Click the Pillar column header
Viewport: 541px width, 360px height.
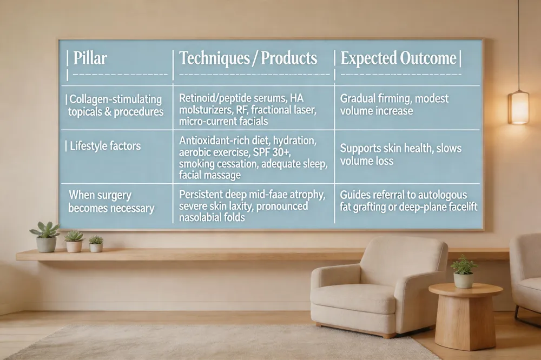(x=90, y=58)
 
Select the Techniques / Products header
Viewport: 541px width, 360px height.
(x=248, y=58)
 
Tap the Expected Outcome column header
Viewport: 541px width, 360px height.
(x=399, y=58)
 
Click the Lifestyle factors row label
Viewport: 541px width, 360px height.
(x=105, y=146)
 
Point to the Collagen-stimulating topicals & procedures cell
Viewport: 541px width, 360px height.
(x=116, y=105)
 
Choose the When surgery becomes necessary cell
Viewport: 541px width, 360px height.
(x=111, y=202)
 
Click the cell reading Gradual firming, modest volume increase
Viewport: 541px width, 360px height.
(x=394, y=104)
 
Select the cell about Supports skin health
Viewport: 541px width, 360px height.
(x=400, y=154)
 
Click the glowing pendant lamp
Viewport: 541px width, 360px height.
(x=519, y=106)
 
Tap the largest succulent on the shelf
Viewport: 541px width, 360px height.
(x=45, y=237)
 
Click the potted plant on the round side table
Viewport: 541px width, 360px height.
(x=464, y=272)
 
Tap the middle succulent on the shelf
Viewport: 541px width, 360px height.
(x=74, y=241)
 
